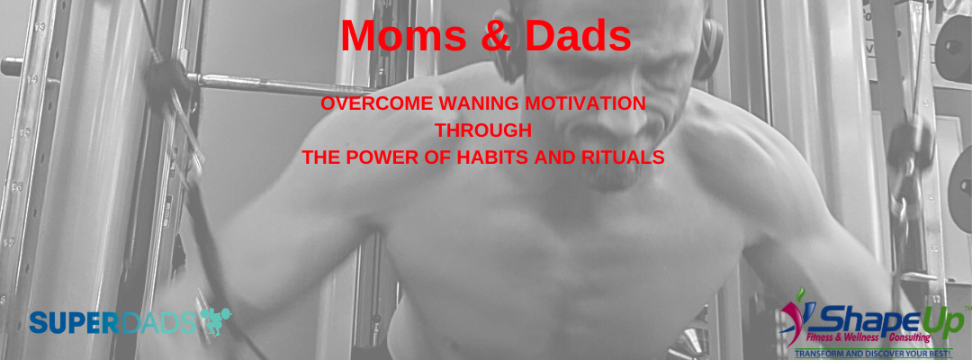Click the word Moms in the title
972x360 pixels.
coord(403,36)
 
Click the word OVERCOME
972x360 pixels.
coord(376,103)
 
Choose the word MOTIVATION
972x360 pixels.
coord(585,103)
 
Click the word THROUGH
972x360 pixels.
coord(483,130)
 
